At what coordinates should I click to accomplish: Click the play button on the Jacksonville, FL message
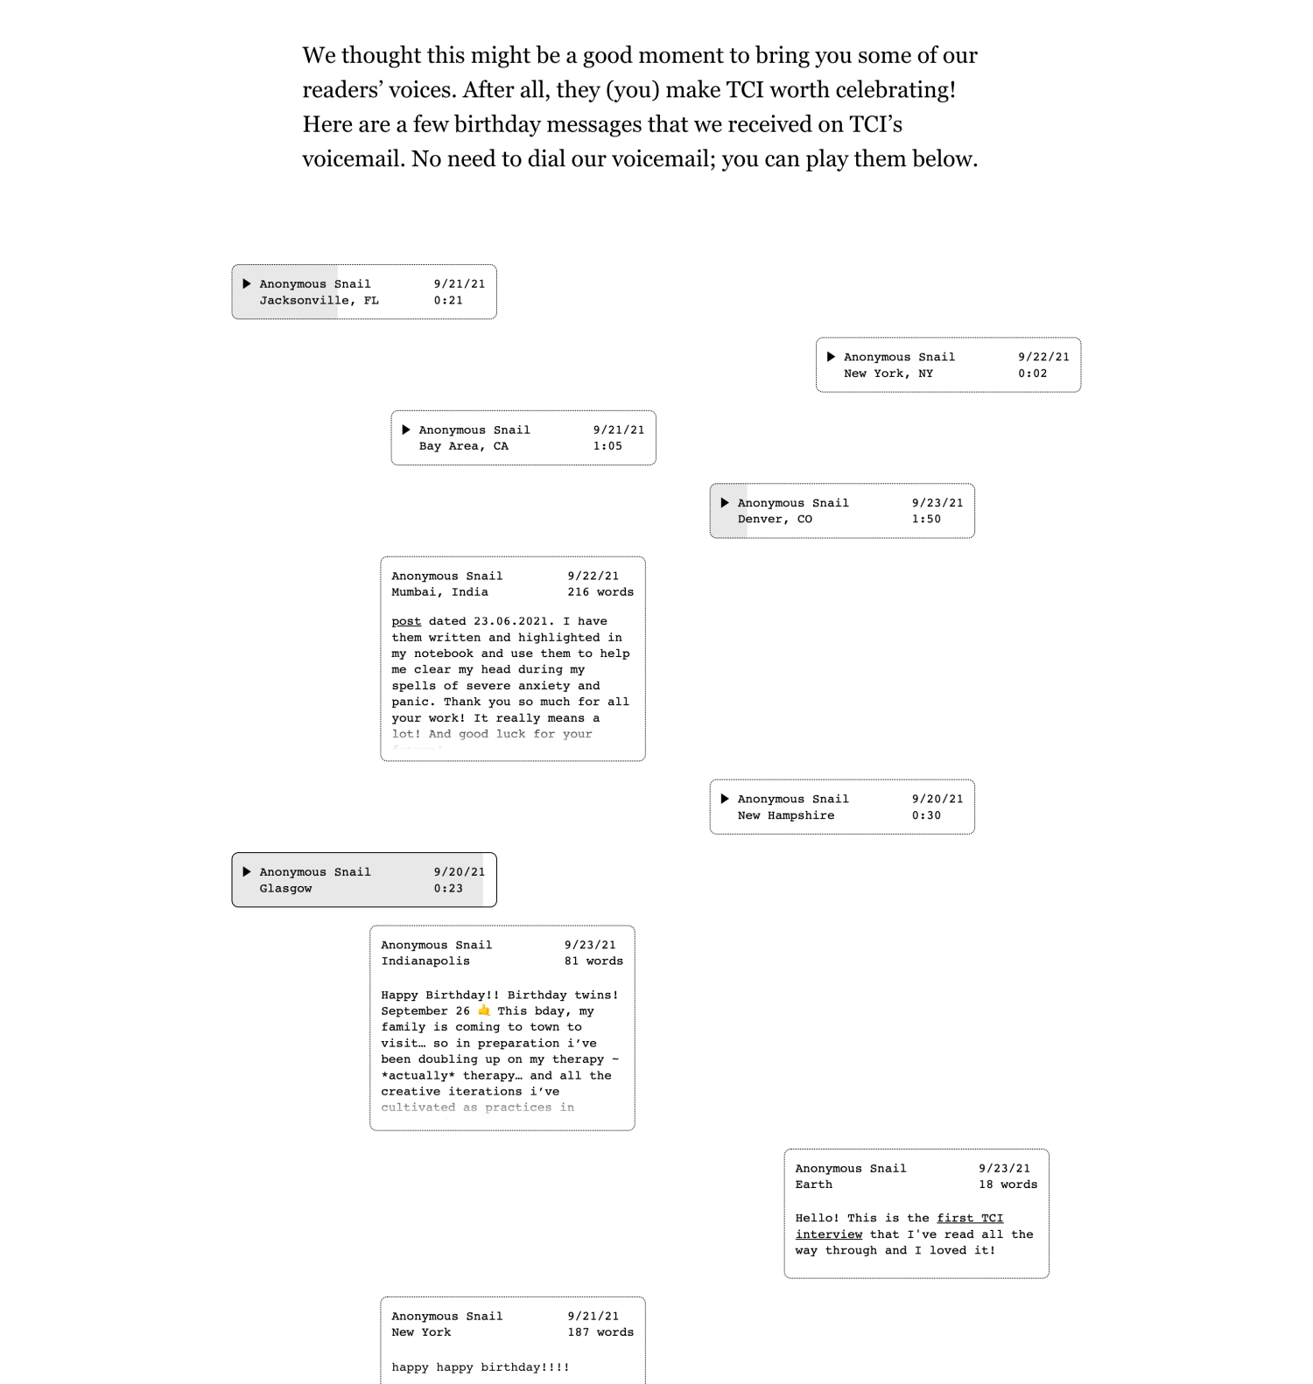(247, 283)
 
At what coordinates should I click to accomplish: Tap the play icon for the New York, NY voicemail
(831, 357)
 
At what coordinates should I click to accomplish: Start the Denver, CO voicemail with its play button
(725, 503)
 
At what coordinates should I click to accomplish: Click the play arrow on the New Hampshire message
(725, 799)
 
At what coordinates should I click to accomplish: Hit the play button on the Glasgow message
(247, 872)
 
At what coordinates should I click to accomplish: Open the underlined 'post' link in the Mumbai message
(406, 621)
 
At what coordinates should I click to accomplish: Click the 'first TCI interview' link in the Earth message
(899, 1226)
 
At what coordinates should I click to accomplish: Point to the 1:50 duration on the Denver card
(926, 519)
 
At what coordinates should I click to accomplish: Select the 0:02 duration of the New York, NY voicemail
(1032, 374)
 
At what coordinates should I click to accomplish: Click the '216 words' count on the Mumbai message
(600, 592)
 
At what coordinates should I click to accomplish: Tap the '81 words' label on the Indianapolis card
(593, 961)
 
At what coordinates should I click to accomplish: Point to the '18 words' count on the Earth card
(1008, 1185)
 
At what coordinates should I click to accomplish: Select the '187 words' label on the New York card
(600, 1332)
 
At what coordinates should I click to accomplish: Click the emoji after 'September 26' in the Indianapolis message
(484, 1010)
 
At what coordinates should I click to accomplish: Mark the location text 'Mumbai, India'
(439, 592)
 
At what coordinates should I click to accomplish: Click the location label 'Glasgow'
(285, 889)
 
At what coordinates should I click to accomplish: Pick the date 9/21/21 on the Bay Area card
(618, 430)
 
